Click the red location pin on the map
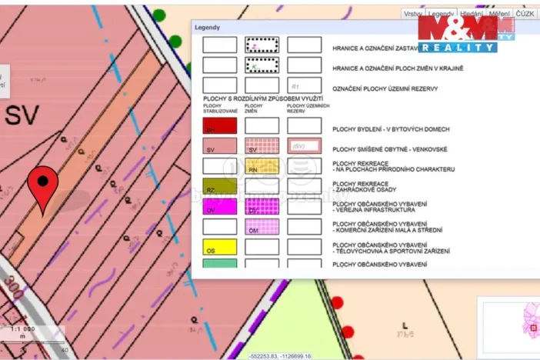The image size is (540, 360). (x=43, y=185)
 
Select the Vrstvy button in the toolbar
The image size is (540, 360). (x=413, y=15)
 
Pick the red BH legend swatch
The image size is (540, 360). (x=219, y=126)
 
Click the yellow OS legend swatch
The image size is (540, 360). (x=219, y=248)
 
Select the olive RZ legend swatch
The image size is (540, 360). (x=219, y=186)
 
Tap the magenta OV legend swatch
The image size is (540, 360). (x=219, y=207)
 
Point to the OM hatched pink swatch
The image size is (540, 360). (x=262, y=228)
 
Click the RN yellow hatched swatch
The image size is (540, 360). (x=262, y=166)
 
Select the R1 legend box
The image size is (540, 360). (x=304, y=85)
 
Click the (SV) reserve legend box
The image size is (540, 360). (x=304, y=146)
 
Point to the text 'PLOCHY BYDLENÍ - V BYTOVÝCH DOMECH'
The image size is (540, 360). (x=391, y=129)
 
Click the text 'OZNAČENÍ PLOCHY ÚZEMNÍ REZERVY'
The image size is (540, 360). (x=385, y=88)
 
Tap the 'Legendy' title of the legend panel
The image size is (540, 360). (x=208, y=28)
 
